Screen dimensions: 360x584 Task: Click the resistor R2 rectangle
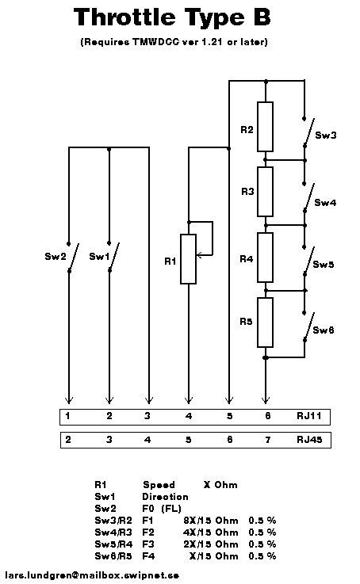point(265,127)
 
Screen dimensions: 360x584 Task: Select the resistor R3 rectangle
point(265,192)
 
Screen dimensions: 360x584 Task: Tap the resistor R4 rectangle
point(265,258)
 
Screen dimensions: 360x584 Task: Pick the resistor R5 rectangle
point(265,323)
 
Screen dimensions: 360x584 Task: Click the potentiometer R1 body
point(188,259)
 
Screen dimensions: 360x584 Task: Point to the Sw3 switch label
point(326,136)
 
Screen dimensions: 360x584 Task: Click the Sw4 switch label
point(325,203)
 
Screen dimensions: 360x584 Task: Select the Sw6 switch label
point(323,330)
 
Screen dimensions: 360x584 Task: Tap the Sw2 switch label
point(56,256)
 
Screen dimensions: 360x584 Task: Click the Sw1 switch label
point(99,256)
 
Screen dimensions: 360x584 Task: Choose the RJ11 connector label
point(309,416)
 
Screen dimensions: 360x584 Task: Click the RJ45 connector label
point(309,440)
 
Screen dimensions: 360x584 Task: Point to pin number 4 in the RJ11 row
point(189,416)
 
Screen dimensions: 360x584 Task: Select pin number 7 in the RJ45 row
point(267,440)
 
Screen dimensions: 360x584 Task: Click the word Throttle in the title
point(124,17)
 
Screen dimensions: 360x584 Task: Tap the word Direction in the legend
point(165,497)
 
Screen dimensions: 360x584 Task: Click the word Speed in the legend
point(159,485)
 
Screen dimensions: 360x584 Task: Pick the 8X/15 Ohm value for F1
point(211,521)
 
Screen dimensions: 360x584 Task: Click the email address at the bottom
point(92,575)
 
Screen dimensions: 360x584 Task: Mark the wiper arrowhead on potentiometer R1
point(199,255)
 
